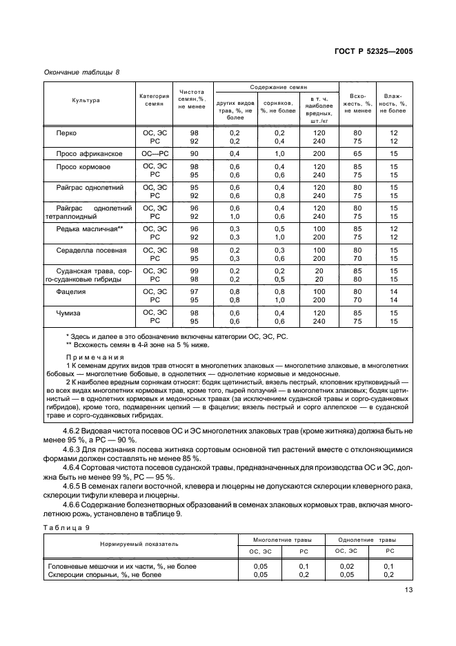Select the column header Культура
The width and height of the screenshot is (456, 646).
(x=86, y=101)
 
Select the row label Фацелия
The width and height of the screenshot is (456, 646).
(x=71, y=292)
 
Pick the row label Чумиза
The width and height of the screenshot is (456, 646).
(x=70, y=313)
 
